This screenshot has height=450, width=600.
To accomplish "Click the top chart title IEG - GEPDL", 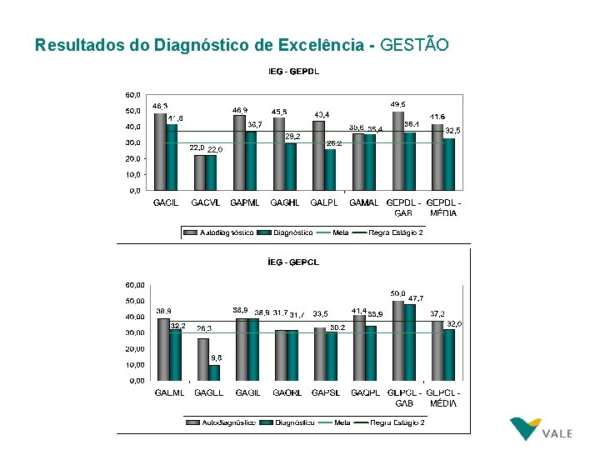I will (x=293, y=71).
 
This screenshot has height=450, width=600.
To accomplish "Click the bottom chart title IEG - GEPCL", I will (x=293, y=262).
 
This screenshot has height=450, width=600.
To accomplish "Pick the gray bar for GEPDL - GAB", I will (x=398, y=151).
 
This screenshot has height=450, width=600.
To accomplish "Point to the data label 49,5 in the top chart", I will (x=398, y=104).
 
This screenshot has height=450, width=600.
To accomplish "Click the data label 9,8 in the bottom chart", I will (x=216, y=357).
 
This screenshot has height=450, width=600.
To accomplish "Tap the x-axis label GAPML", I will (x=245, y=202).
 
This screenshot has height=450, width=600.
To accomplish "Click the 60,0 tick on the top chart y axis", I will (x=133, y=95).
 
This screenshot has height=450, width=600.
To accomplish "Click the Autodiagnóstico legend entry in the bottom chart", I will (x=222, y=422).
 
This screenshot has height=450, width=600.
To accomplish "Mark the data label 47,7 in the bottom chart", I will (x=414, y=297).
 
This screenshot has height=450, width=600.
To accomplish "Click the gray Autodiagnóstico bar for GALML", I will (x=164, y=348).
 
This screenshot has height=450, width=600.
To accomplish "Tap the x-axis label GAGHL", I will (x=285, y=202).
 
